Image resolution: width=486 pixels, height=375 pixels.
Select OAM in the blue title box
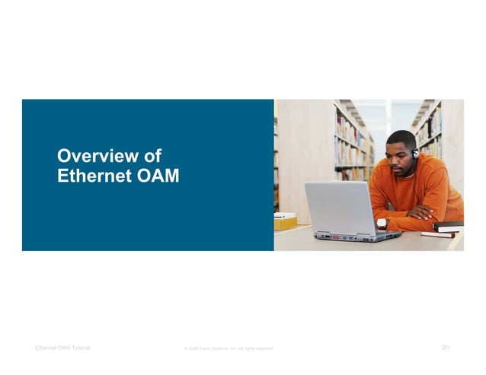click(155, 176)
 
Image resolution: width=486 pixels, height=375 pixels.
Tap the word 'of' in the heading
click(152, 157)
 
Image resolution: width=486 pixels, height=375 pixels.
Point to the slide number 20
click(446, 348)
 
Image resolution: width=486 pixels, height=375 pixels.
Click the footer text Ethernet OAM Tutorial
click(62, 348)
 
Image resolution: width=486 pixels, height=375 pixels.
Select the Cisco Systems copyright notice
click(229, 348)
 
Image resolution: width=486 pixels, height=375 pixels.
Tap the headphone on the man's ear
click(415, 153)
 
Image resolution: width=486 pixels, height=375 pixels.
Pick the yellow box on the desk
click(286, 221)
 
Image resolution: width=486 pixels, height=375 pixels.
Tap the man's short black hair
click(401, 138)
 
